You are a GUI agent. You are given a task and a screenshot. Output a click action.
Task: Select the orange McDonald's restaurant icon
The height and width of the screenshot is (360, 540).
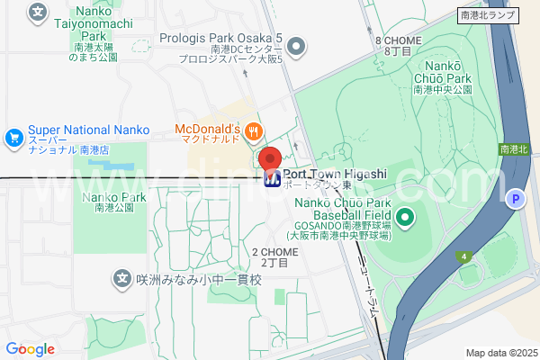tap(254, 130)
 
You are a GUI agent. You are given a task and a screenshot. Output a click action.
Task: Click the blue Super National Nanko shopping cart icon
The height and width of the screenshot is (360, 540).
tap(13, 138)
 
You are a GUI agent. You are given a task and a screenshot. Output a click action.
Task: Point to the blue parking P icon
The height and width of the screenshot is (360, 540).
tap(516, 200)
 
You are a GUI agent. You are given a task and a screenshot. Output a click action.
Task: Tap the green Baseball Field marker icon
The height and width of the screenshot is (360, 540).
tap(405, 216)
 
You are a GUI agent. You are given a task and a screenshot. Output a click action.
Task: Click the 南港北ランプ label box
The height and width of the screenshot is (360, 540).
tap(489, 15)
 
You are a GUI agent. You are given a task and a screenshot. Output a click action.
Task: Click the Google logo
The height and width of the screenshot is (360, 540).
tap(30, 349)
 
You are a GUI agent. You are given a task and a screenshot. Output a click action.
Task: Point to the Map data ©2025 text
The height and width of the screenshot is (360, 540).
tap(500, 353)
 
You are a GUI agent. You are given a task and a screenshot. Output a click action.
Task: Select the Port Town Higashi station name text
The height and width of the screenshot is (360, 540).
tap(335, 174)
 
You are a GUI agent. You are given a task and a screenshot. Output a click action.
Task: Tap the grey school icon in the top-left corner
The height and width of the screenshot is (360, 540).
tap(37, 12)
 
